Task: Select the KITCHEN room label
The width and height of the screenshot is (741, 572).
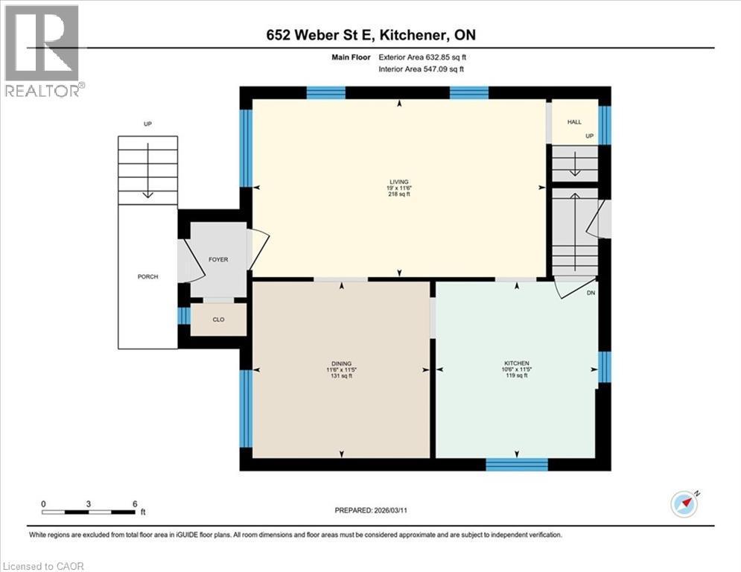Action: pos(516,363)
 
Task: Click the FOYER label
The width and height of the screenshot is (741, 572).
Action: pos(218,259)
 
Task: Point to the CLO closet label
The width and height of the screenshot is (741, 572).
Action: pos(218,320)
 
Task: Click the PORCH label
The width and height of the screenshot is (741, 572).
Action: pos(147,277)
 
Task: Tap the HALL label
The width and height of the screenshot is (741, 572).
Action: pos(574,122)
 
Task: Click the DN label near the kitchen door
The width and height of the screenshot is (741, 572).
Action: pos(591,293)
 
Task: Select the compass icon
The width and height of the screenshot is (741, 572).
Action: pos(683,503)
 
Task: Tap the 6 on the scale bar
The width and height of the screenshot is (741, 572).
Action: pos(135,503)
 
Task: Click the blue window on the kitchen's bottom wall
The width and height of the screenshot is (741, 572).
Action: pos(516,465)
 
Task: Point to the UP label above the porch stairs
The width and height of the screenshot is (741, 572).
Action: pos(147,124)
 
